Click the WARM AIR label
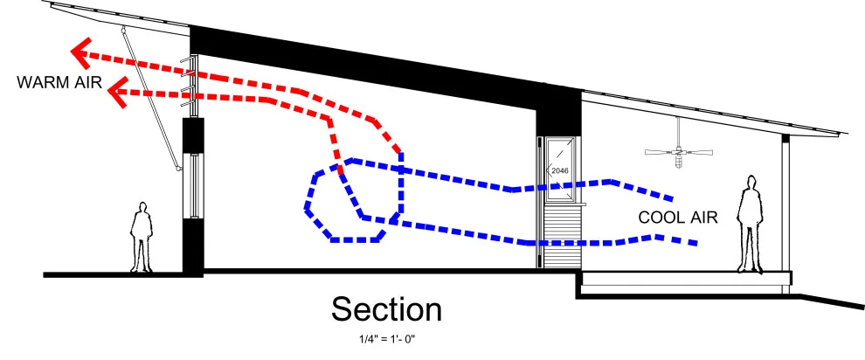tap(59, 83)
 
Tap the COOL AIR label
tap(678, 218)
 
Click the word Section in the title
tap(386, 309)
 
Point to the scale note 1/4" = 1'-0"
tap(386, 339)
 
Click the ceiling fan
tap(679, 149)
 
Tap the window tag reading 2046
tap(559, 171)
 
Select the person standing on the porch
tap(751, 224)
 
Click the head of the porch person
tap(751, 183)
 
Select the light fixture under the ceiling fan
tap(679, 161)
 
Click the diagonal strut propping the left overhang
tap(150, 98)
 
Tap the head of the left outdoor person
tap(142, 208)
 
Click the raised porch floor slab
tap(687, 278)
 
